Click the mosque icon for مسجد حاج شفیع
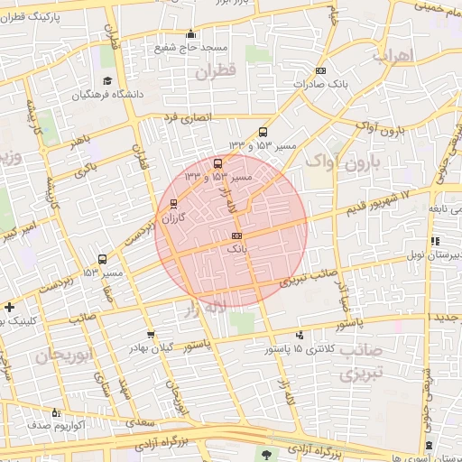(190, 34)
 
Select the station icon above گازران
(173, 203)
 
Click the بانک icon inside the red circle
(236, 235)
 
